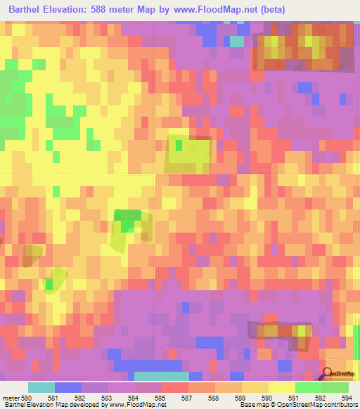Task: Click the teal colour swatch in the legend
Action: point(41,387)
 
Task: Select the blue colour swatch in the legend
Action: point(68,387)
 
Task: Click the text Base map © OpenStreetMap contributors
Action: point(297,405)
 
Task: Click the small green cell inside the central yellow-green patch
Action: point(179,145)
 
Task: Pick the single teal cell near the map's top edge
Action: point(238,41)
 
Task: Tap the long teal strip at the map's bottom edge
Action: point(161,376)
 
